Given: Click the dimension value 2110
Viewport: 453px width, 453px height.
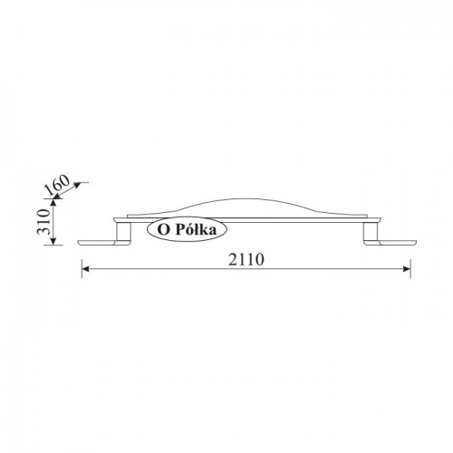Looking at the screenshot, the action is pos(246,259).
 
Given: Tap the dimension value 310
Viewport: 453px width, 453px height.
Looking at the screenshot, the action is pos(43,222).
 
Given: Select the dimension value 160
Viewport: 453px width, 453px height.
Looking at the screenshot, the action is pos(57,184).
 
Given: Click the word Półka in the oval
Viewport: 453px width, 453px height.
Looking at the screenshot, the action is pos(196,230).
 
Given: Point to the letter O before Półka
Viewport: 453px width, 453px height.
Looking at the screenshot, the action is pos(163,230).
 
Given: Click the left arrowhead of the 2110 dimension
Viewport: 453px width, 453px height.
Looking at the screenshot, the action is pos(85,269).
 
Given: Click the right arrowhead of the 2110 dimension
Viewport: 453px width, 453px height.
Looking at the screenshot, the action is pos(407,269).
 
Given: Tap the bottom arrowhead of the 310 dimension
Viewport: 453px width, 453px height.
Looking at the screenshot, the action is pos(53,241).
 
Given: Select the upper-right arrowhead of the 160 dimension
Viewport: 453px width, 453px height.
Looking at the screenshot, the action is pos(77,185).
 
